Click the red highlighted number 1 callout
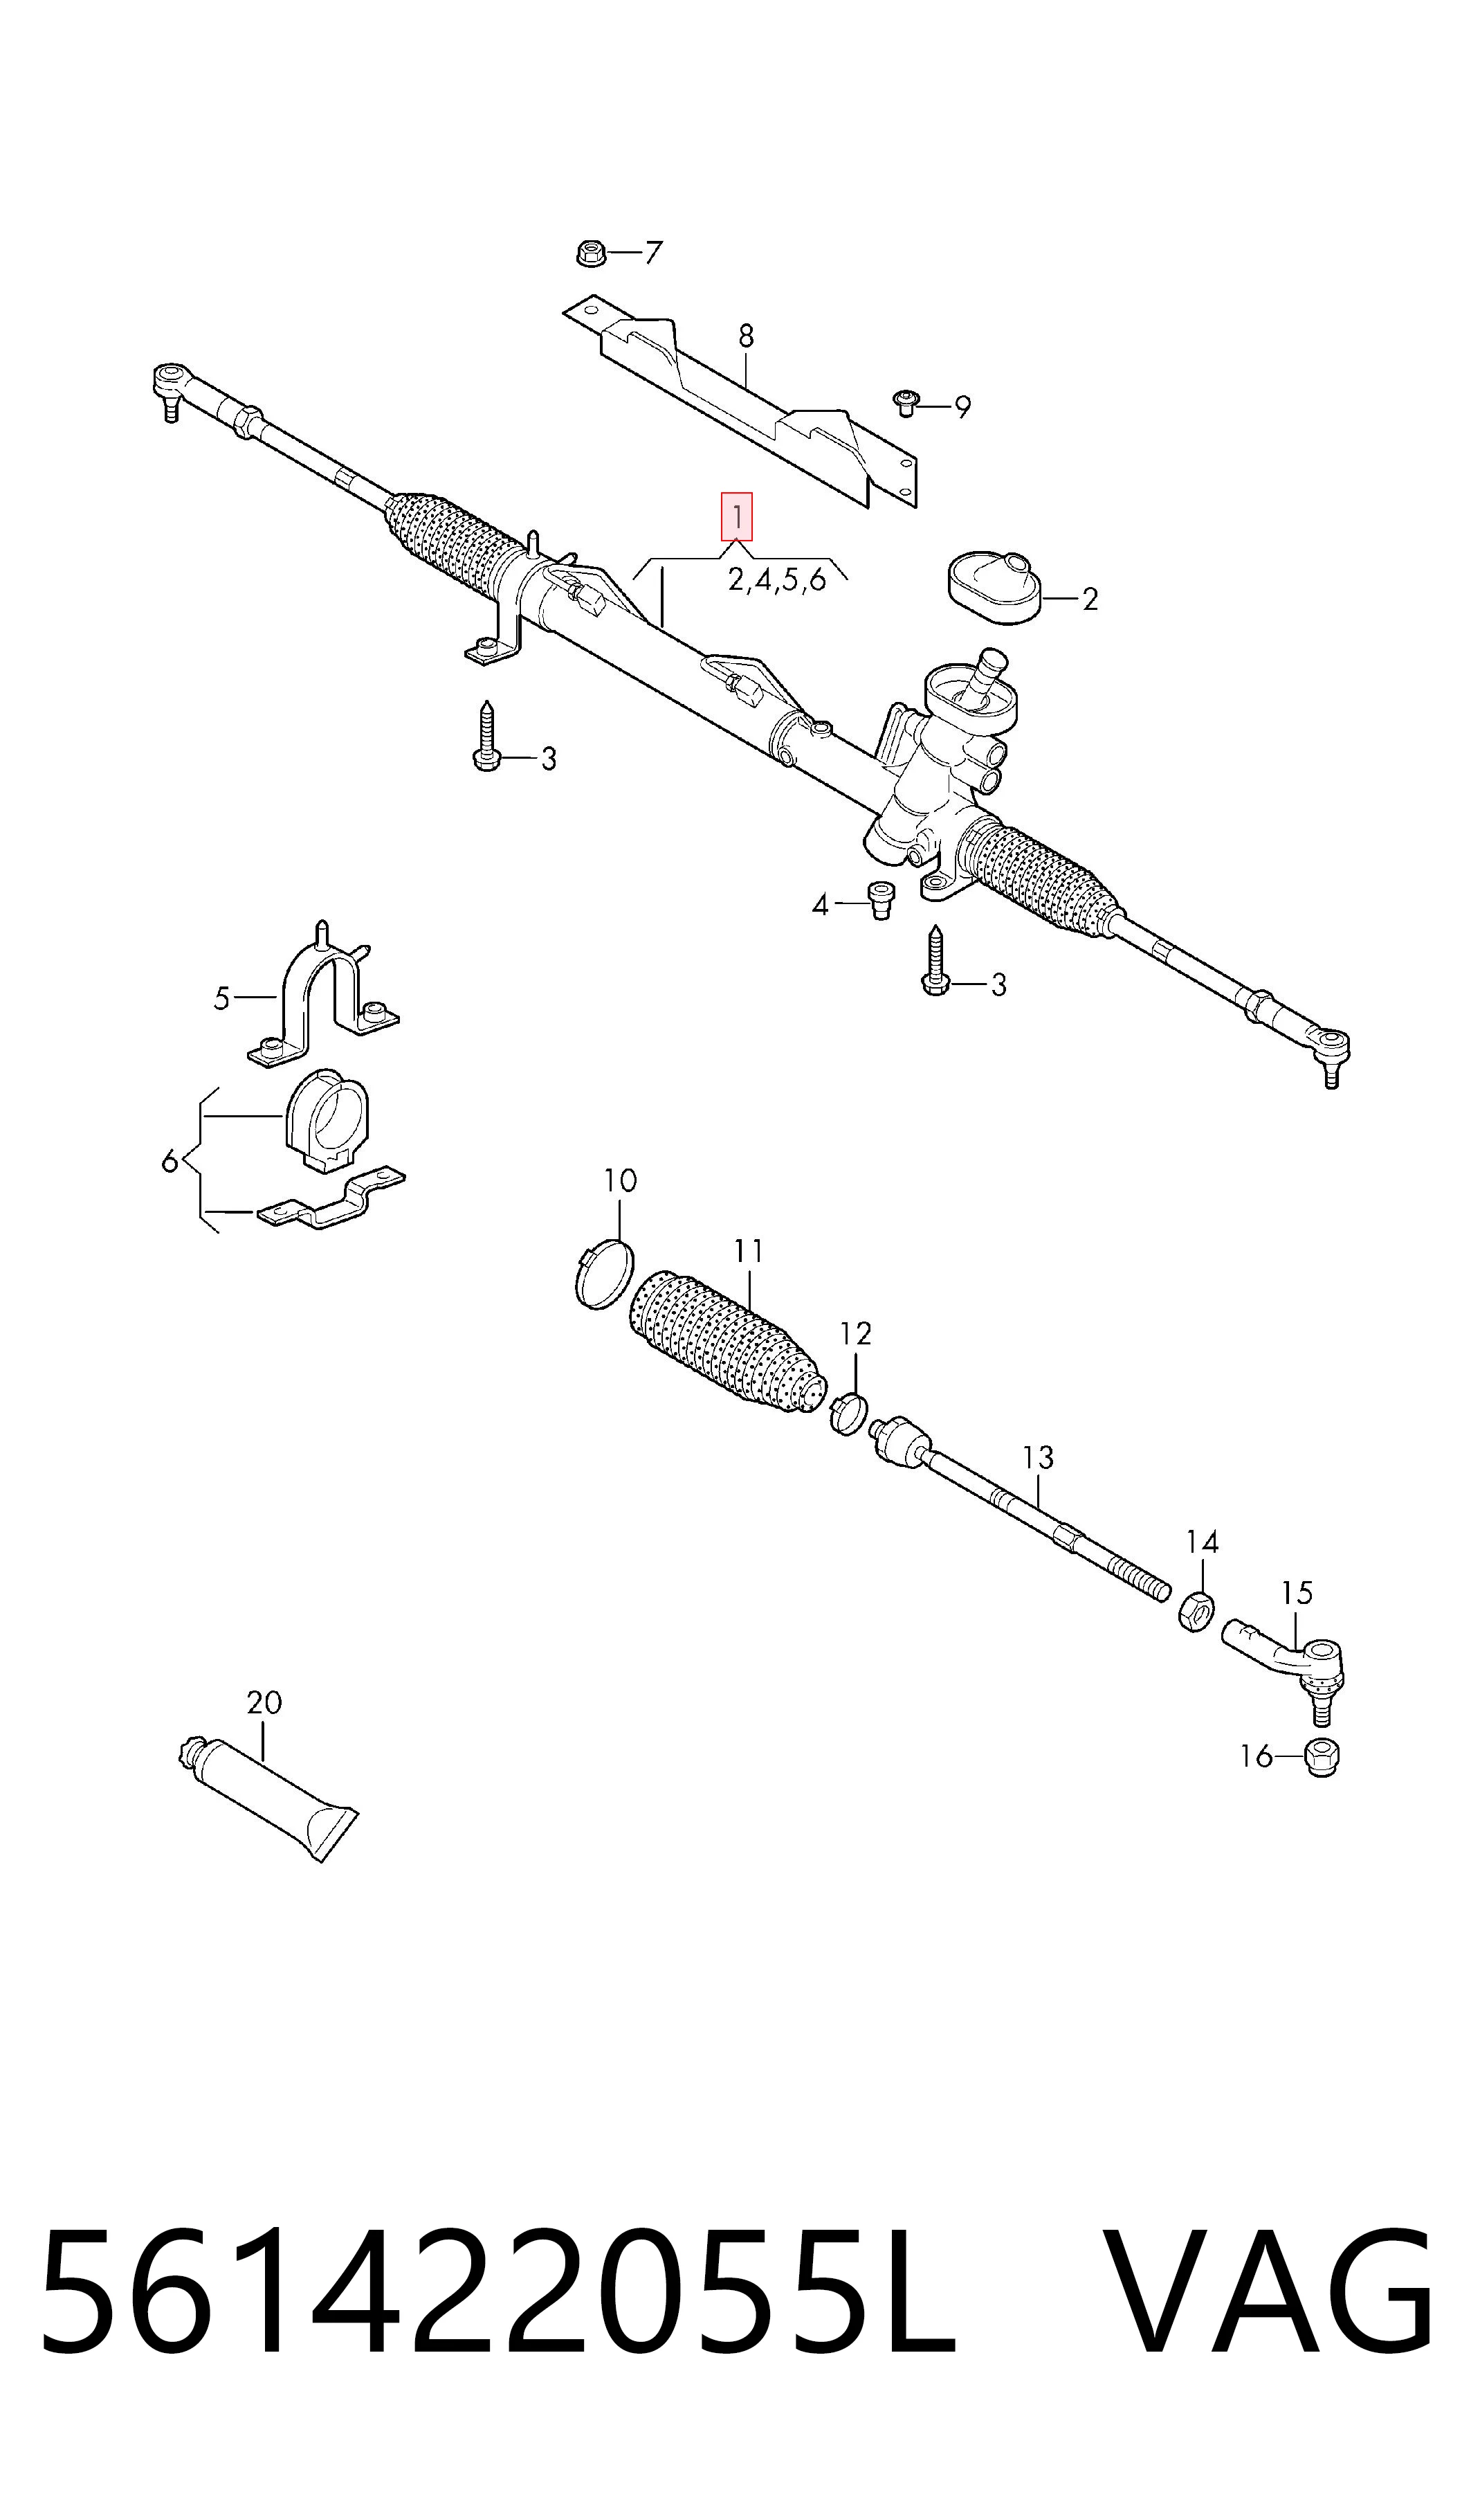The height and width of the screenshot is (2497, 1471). point(736,516)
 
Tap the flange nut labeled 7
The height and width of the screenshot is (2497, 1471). point(591,253)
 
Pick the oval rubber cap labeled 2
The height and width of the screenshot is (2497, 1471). point(994,590)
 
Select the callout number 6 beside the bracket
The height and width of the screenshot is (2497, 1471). point(170,1160)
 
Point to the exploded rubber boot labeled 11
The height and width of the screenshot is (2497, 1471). point(727,1341)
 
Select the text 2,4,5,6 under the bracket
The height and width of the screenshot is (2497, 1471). point(777,579)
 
